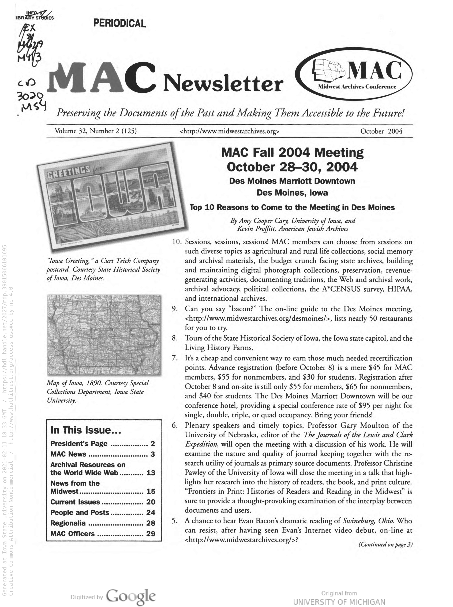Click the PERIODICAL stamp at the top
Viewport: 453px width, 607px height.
(x=119, y=23)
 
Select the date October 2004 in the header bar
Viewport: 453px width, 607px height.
(x=381, y=131)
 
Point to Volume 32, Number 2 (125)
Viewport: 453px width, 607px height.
(x=96, y=131)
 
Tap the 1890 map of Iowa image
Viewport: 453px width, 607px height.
(x=104, y=335)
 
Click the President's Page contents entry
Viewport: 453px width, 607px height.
(x=79, y=443)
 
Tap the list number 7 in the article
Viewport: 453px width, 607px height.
(x=175, y=358)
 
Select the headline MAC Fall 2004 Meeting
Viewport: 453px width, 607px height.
(x=292, y=153)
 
